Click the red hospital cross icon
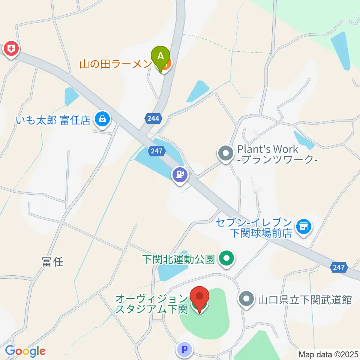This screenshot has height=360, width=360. pos(12,49)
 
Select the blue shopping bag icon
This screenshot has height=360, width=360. pos(101,120)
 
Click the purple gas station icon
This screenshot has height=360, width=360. pos(180,174)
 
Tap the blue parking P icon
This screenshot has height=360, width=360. pos(184,350)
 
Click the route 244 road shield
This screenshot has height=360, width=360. pos(153,118)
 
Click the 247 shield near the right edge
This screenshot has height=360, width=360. pos(339,267)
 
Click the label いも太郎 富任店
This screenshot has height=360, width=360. pos(53,120)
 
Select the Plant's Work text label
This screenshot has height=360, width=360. pos(277,154)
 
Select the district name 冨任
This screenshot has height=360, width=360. pos(52,262)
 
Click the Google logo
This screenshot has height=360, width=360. pos(25,351)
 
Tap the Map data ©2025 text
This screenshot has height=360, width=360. pos(328,354)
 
